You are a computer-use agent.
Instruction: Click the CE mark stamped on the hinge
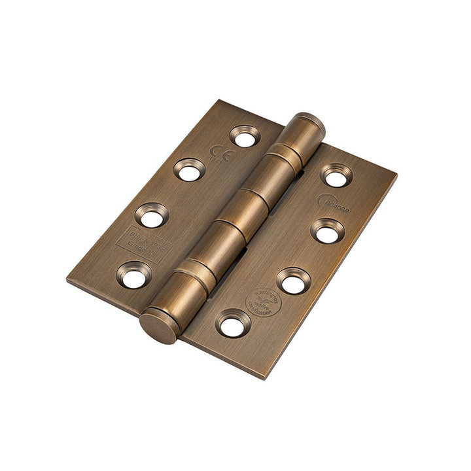pyautogui.click(x=219, y=156)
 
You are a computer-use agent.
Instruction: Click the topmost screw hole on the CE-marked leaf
pyautogui.click(x=245, y=137)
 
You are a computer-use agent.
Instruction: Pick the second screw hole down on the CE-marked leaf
pyautogui.click(x=189, y=171)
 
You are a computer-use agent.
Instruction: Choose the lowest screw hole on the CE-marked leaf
pyautogui.click(x=133, y=275)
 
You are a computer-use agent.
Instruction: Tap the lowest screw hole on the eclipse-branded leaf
pyautogui.click(x=232, y=324)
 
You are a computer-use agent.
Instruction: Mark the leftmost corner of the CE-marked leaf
pyautogui.click(x=68, y=277)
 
